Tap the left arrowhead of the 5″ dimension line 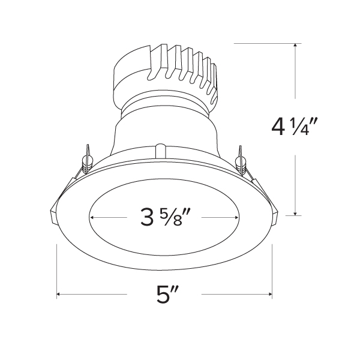[59, 295]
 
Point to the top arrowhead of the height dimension [296, 46]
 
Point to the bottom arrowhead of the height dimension [296, 213]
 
